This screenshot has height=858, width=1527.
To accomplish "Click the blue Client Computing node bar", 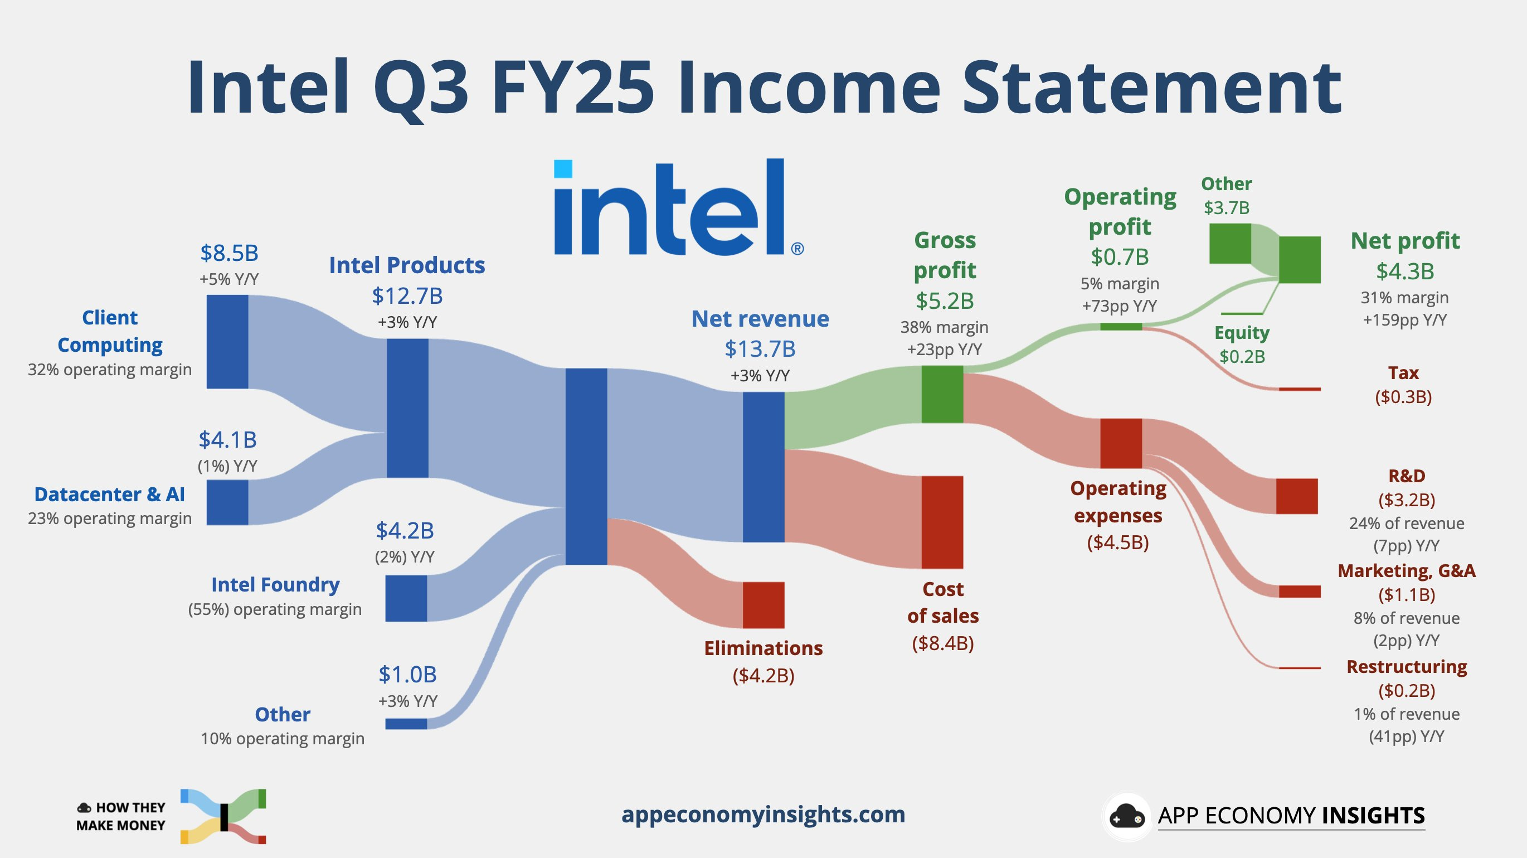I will click(227, 342).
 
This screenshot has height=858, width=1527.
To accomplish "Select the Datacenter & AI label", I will click(110, 494).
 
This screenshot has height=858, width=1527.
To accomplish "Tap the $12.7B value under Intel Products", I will click(407, 295).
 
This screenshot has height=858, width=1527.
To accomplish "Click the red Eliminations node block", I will click(763, 605).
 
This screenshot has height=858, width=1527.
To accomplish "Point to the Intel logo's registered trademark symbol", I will click(797, 249).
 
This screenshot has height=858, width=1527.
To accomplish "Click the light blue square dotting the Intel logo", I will click(562, 169).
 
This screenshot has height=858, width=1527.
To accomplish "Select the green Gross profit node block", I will click(942, 394).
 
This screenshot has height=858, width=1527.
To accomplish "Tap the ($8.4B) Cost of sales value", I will click(942, 643).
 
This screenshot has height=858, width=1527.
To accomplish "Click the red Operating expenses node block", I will click(1120, 443).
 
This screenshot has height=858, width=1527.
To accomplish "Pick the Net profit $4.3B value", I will click(1405, 271).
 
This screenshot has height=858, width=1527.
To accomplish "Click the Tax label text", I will click(1403, 372).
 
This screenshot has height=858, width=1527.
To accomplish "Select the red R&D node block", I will click(1296, 496).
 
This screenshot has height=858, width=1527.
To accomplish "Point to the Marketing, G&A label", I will click(1406, 570).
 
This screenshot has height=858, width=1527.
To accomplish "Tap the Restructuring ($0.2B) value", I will click(1406, 690).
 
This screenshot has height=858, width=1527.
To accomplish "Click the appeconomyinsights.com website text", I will click(763, 814).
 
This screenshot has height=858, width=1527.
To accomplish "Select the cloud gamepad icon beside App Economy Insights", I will click(1126, 817).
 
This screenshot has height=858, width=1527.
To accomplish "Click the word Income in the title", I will click(809, 88).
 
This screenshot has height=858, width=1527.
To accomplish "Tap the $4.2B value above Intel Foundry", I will click(405, 530).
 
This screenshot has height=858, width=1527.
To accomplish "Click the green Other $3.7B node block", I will click(1229, 243).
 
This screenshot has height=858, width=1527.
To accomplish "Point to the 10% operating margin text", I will click(282, 738).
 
